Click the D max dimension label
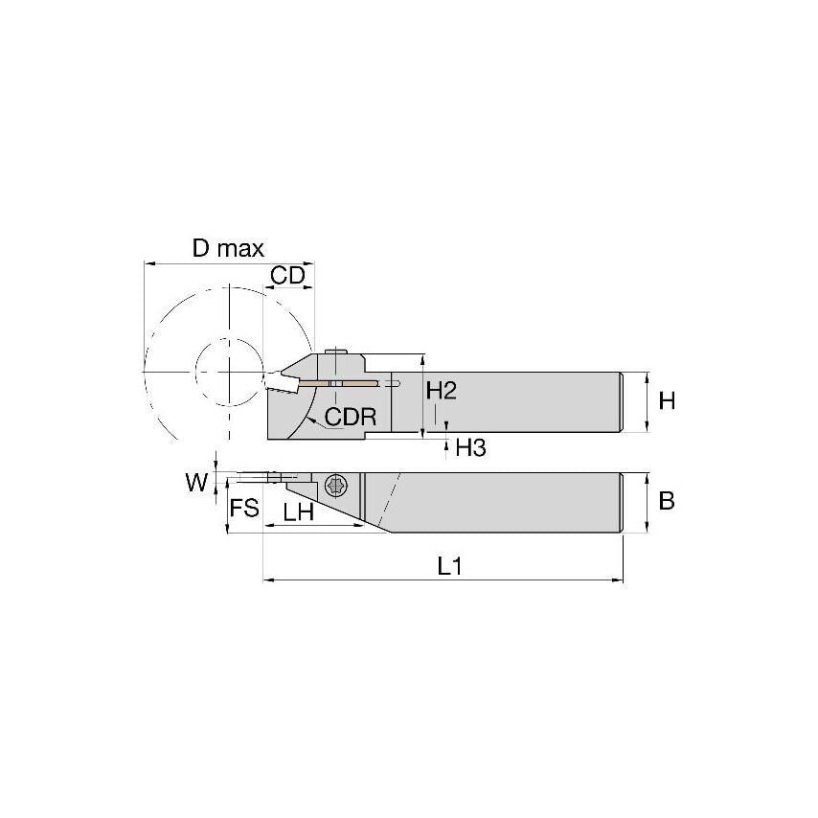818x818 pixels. click(227, 249)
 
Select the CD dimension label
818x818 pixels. click(287, 276)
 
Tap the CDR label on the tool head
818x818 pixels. click(351, 417)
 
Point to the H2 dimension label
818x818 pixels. click(442, 391)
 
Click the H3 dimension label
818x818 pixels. click(470, 447)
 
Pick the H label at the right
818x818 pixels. click(667, 401)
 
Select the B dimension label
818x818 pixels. click(668, 501)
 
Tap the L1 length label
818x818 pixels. click(450, 566)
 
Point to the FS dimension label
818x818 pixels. click(245, 508)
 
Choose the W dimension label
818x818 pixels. click(196, 483)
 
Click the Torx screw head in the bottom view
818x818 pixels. click(335, 486)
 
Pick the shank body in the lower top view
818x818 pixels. click(517, 503)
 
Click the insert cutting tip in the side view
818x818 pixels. click(277, 376)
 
